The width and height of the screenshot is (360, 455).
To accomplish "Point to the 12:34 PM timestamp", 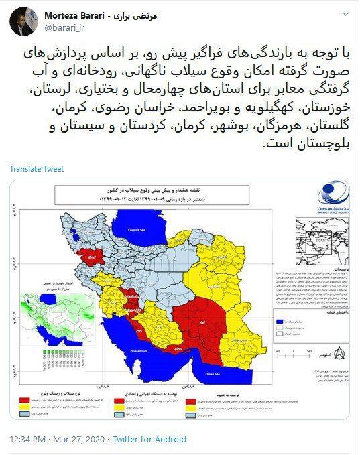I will point(29,438).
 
